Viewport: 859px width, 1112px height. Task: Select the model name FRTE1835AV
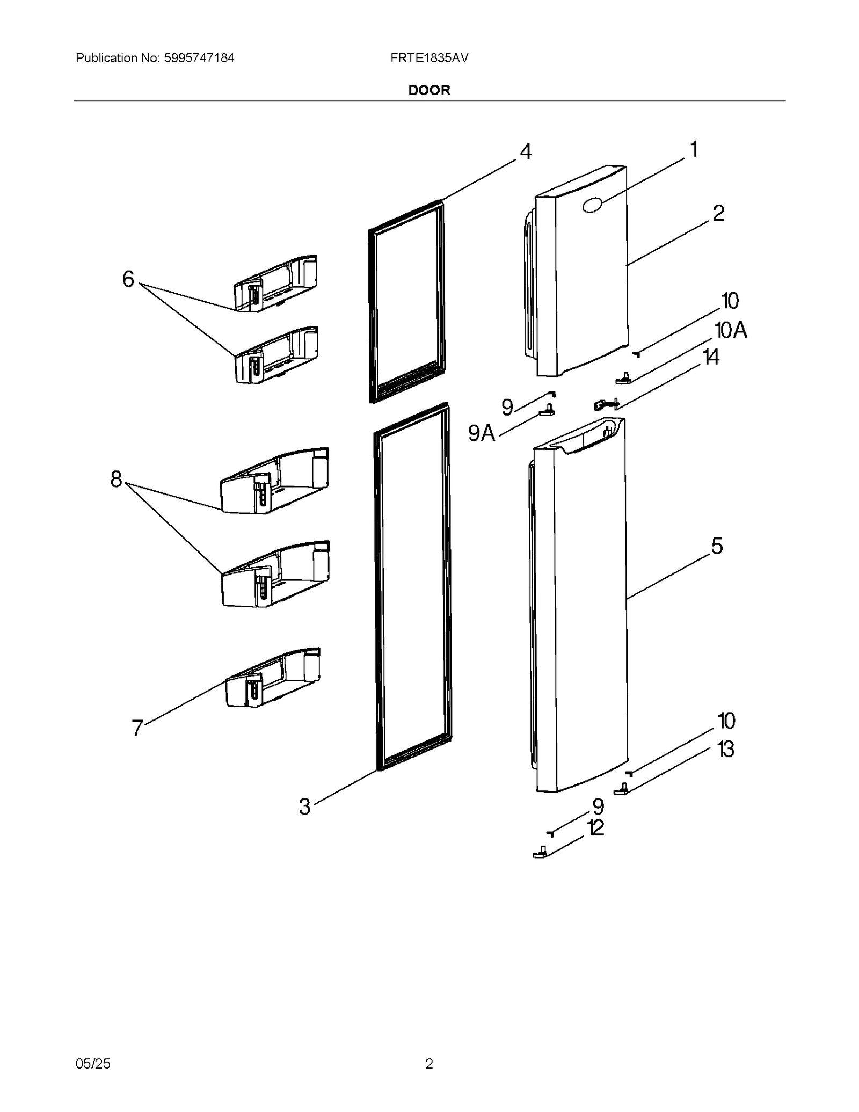(x=429, y=58)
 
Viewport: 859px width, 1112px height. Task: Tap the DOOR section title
(x=429, y=90)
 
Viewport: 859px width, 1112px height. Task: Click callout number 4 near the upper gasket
(x=526, y=152)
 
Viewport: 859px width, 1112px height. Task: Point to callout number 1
(x=694, y=149)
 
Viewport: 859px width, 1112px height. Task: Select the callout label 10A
(x=731, y=330)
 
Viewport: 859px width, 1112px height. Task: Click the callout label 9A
(x=481, y=433)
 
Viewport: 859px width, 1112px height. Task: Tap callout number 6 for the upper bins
(x=128, y=279)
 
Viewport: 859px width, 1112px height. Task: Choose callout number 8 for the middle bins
(x=117, y=479)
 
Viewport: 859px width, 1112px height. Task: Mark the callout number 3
(x=304, y=806)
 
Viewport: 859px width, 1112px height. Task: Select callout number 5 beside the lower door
(x=717, y=546)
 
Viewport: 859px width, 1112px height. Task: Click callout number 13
(x=726, y=750)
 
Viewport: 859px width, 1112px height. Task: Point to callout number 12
(x=596, y=828)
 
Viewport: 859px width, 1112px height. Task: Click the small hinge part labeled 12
(x=540, y=853)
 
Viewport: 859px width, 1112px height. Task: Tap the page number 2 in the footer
(x=429, y=1064)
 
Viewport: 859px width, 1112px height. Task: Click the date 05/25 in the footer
(x=93, y=1064)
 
